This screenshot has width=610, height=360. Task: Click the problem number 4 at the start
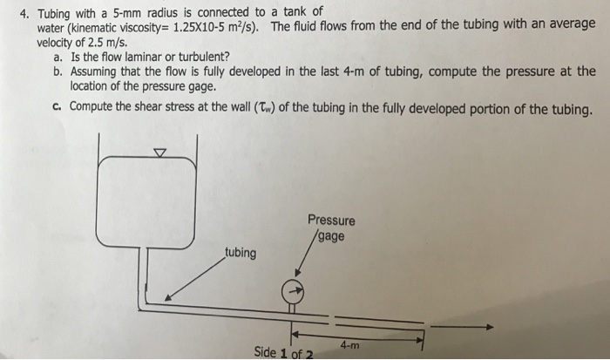coord(24,12)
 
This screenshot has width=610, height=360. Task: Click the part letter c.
coord(56,107)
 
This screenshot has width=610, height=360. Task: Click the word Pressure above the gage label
coord(331,220)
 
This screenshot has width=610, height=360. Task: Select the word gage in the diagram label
coord(332,235)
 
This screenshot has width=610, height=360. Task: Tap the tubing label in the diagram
coord(241,253)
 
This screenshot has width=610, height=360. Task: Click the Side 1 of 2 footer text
coord(283,352)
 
